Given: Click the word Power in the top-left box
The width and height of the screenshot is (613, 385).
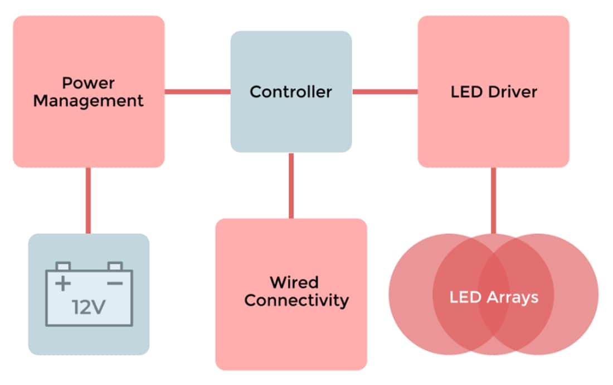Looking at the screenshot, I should tap(88, 83).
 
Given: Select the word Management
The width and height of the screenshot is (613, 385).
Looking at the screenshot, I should tap(88, 101).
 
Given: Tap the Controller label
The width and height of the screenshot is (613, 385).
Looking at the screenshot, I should tap(291, 92).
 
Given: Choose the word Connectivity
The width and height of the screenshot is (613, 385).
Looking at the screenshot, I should tap(296, 300).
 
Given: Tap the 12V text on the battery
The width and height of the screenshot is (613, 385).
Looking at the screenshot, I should tap(89, 307).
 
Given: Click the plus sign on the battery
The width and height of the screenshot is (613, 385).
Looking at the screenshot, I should tap(63, 283).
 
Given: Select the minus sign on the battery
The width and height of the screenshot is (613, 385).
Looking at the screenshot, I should tap(114, 283).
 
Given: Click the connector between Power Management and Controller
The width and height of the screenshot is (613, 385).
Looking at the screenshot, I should tap(197, 92).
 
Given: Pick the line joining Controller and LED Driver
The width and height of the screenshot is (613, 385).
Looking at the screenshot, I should tap(385, 92).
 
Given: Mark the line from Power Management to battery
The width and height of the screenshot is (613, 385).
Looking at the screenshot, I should tap(87, 200).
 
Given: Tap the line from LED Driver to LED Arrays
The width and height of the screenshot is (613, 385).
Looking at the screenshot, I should tap(493, 200).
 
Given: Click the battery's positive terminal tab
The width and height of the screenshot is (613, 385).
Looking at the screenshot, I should tap(64, 266).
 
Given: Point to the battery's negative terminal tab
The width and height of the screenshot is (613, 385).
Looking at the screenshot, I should tap(115, 266).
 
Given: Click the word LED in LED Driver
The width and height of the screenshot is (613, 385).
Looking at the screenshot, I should tap(465, 92).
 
